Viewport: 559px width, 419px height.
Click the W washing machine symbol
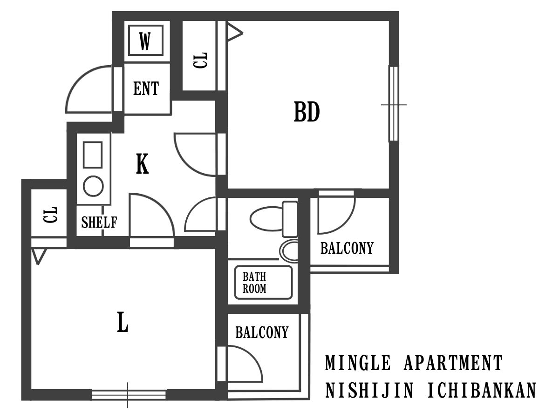coord(145,40)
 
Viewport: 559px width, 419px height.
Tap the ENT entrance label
coord(146,88)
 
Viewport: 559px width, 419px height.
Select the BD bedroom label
coord(307,112)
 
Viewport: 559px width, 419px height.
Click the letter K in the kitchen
coord(142,163)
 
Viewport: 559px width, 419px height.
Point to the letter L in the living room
coord(123,322)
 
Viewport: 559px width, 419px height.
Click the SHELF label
coord(99,222)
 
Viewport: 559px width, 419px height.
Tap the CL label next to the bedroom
coord(200,61)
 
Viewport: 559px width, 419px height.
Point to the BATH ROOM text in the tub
coord(254,283)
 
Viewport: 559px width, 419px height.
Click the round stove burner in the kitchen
coord(93,186)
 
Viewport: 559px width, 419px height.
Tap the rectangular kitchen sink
coord(93,155)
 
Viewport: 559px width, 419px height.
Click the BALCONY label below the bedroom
coord(347,248)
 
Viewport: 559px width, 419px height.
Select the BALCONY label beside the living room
coord(262,332)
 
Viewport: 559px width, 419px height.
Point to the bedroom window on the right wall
coord(394,103)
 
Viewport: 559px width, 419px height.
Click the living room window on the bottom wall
coord(129,395)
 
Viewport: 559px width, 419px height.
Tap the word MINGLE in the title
coord(358,363)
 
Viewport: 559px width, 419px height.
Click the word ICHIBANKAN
coord(482,390)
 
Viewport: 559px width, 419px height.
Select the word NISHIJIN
coord(369,390)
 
